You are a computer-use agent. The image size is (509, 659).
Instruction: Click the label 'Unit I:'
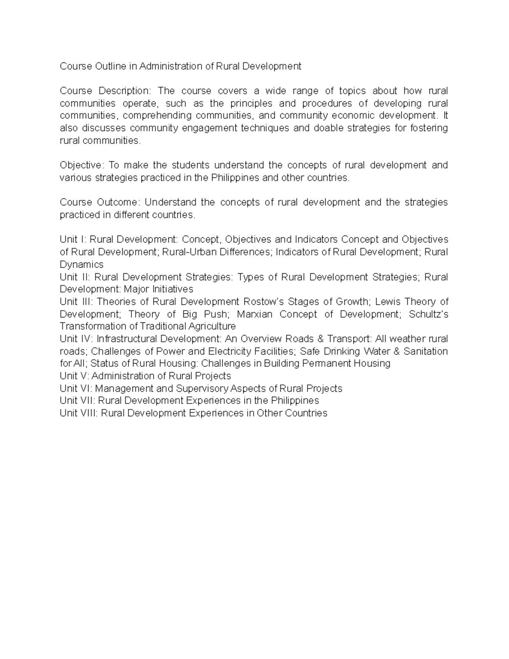[73, 240]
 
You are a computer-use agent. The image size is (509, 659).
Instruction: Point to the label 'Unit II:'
[75, 277]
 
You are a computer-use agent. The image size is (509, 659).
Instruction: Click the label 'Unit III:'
[77, 302]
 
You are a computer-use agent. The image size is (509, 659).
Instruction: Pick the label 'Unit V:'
[75, 376]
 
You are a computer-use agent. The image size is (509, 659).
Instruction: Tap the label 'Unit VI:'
[76, 389]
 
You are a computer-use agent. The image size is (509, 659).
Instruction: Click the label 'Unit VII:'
[78, 401]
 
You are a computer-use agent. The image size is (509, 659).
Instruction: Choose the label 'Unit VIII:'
[79, 413]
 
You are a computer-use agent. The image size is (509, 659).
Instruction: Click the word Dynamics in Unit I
[81, 265]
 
